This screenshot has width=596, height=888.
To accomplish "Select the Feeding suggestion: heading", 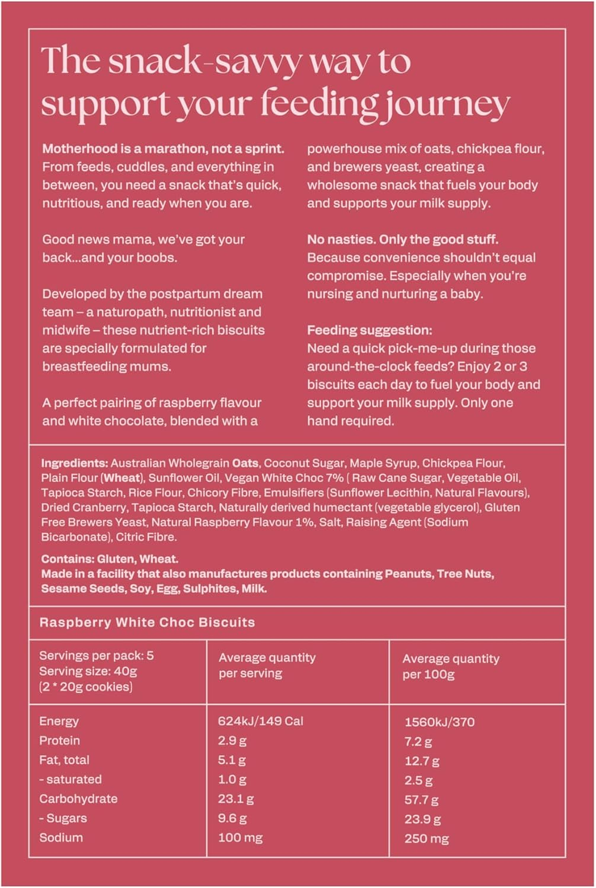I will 369,330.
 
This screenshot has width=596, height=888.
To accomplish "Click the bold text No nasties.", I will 340,240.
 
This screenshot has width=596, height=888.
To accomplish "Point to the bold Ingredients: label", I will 74,463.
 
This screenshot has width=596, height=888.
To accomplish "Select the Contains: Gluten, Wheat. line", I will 110,558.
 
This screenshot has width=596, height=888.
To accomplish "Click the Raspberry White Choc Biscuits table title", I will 147,622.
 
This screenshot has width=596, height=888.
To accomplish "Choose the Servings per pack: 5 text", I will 96,655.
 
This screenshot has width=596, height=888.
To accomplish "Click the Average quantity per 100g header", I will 450,666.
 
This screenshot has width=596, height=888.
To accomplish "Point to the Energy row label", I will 59,721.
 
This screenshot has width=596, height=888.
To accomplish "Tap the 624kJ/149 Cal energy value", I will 260,721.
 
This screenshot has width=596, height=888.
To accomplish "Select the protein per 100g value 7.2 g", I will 418,742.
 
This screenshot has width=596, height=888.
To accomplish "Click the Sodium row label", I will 61,838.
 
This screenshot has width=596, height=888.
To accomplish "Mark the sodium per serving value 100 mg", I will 240,838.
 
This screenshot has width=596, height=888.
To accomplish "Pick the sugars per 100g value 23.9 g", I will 422,819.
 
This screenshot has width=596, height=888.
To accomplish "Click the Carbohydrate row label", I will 78,799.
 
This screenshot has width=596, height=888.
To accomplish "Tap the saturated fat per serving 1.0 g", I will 232,780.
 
